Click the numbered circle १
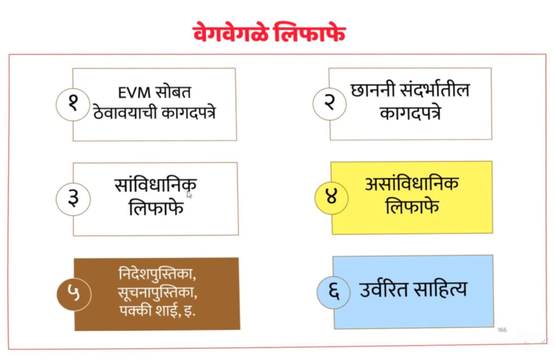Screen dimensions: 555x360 coord(73,105)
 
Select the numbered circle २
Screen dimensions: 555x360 coord(330,104)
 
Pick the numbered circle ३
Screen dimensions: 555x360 coord(73,199)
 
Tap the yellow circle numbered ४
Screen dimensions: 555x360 coord(332,198)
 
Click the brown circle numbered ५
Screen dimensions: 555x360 coord(74,294)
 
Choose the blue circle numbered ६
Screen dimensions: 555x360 coord(334,292)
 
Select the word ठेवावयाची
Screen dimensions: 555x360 coord(125,112)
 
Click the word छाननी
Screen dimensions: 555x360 coord(373,90)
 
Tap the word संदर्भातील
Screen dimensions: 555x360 coord(435,89)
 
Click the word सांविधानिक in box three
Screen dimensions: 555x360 coord(156,184)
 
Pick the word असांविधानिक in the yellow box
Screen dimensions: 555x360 coord(412,183)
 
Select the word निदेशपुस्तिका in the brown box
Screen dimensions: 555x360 coord(157,274)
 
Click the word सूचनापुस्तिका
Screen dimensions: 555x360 coord(158,292)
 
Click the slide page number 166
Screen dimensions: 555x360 coord(502,330)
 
